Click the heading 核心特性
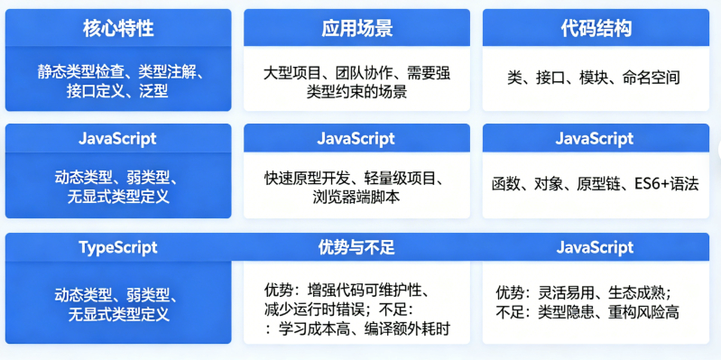[x=118, y=29]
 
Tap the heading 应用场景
[x=356, y=29]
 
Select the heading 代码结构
[x=596, y=29]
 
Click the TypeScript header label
[x=118, y=247]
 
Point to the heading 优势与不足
[x=356, y=247]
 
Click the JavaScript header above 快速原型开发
[x=356, y=138]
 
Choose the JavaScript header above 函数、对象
[x=595, y=138]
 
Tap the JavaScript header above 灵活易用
[x=595, y=247]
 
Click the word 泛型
[x=153, y=92]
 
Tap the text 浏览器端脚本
[x=356, y=198]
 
